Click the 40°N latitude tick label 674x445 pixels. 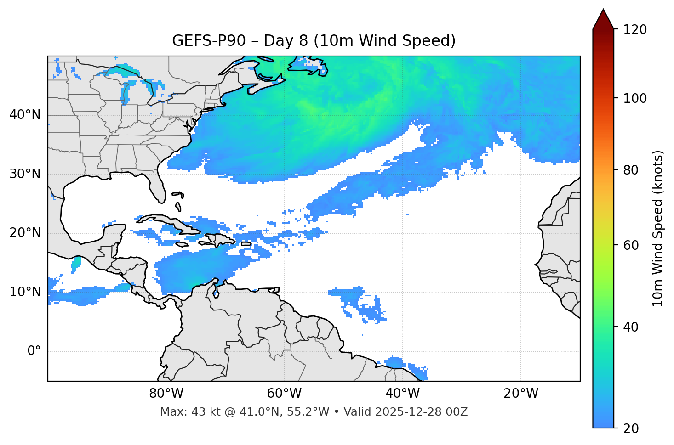[x=25, y=115]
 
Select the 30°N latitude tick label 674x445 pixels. [x=25, y=174]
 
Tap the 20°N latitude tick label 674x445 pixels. [x=25, y=233]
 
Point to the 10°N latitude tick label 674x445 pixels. [x=25, y=292]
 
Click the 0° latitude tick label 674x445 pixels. [x=34, y=351]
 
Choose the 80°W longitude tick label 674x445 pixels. [x=166, y=394]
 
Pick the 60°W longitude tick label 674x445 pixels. [x=284, y=394]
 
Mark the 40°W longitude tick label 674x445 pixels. [x=403, y=394]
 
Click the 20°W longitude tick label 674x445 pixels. [x=521, y=394]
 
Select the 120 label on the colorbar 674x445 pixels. [x=634, y=30]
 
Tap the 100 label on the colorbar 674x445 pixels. [x=634, y=98]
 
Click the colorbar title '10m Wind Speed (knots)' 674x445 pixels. [x=658, y=228]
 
